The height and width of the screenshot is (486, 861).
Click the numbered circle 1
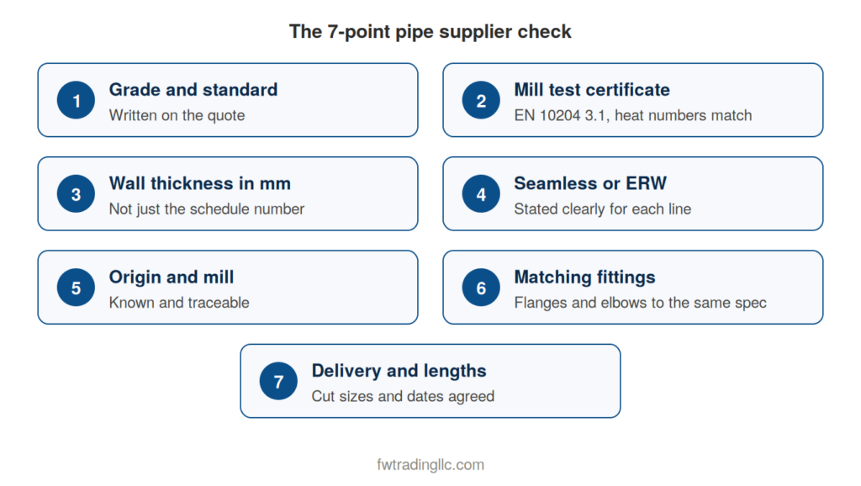click(76, 100)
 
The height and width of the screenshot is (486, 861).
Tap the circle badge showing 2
click(481, 100)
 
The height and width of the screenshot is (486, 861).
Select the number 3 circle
click(76, 194)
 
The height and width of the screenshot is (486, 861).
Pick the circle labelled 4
click(481, 194)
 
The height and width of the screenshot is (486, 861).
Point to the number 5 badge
click(76, 288)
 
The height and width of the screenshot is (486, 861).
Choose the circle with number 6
click(481, 288)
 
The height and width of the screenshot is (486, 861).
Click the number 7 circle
click(278, 381)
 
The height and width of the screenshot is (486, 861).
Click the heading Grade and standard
click(193, 89)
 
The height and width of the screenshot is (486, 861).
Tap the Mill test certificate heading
click(592, 89)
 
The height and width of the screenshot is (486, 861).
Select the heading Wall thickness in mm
click(200, 183)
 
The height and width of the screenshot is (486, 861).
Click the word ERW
click(647, 183)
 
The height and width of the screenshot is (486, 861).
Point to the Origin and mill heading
click(172, 277)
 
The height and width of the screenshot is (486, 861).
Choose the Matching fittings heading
click(585, 277)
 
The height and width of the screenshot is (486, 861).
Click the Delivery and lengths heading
click(399, 372)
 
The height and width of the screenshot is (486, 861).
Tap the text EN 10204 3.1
click(561, 115)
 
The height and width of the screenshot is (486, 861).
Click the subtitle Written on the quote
click(177, 115)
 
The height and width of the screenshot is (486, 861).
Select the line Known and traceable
click(179, 303)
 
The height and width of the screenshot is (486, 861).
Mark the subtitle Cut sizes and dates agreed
click(403, 397)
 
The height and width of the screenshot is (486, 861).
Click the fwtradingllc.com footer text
click(430, 465)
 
